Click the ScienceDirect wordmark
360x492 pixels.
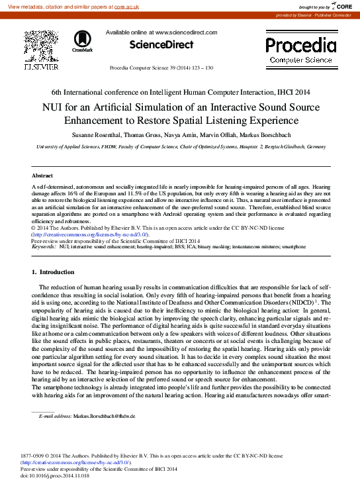coord(161,45)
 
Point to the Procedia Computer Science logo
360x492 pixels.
coord(300,50)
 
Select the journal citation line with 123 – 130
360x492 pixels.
coord(161,68)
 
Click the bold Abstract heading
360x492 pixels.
coord(42,175)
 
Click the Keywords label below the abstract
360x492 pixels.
coord(44,246)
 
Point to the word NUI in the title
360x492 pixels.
coord(54,107)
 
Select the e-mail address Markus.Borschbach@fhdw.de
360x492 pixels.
coord(104,416)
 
